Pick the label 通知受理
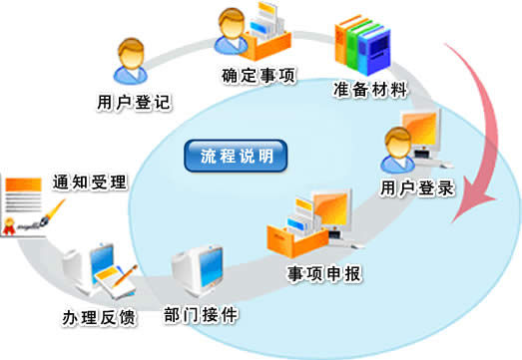click(90, 182)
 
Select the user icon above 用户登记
click(130, 63)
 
